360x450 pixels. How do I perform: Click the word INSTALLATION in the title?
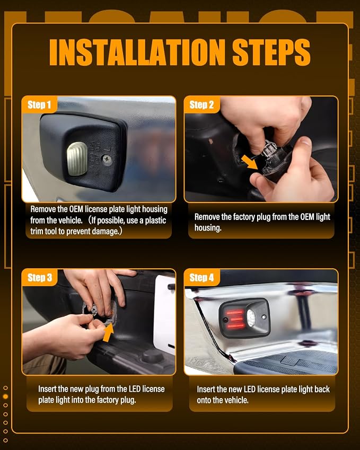(x=137, y=52)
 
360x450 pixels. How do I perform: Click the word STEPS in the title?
(x=271, y=52)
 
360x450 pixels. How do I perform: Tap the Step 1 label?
(x=39, y=105)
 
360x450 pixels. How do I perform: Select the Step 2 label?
(x=201, y=105)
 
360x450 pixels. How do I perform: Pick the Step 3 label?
(x=40, y=278)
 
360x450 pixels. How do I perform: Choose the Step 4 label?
(x=201, y=278)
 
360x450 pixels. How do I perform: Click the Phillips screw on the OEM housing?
(x=108, y=160)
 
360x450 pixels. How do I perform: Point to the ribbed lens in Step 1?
(x=77, y=158)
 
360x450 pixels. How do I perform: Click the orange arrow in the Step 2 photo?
(x=249, y=162)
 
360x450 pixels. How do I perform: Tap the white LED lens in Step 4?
(x=251, y=318)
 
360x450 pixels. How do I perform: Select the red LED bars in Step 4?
(x=235, y=319)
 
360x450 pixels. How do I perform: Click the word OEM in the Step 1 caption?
(x=76, y=209)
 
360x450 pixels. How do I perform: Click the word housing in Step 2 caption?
(x=208, y=228)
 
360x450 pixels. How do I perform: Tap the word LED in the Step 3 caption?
(x=134, y=389)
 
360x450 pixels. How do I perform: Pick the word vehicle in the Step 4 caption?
(x=234, y=400)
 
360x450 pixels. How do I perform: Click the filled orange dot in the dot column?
(x=5, y=396)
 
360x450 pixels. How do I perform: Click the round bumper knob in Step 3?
(x=153, y=356)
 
